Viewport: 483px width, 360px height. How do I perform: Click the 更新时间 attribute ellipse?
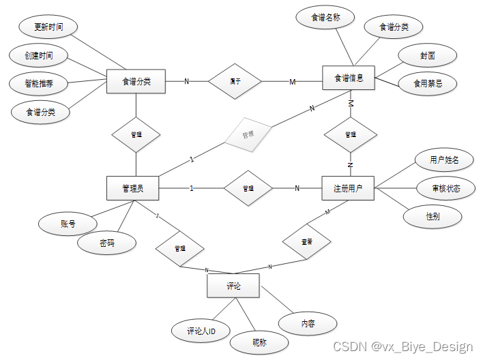[49, 27]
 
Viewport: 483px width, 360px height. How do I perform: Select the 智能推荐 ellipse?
[40, 85]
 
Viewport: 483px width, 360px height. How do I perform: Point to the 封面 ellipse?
[428, 55]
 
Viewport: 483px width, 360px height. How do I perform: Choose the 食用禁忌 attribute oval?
[428, 83]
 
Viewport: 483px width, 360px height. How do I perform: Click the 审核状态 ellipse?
[445, 188]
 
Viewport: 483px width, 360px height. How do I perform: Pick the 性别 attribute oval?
[433, 216]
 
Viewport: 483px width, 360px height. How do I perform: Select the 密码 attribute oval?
[107, 243]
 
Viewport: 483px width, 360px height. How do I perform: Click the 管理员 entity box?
[132, 188]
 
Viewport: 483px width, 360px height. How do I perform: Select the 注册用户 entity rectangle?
[348, 188]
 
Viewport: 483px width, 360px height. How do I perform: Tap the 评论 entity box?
[233, 286]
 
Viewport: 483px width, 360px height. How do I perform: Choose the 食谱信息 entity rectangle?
[348, 78]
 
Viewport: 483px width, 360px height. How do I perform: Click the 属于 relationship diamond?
[235, 81]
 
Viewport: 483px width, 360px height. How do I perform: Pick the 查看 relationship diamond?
[307, 241]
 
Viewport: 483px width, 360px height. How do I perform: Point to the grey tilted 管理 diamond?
[248, 134]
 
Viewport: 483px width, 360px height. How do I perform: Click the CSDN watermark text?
[402, 347]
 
